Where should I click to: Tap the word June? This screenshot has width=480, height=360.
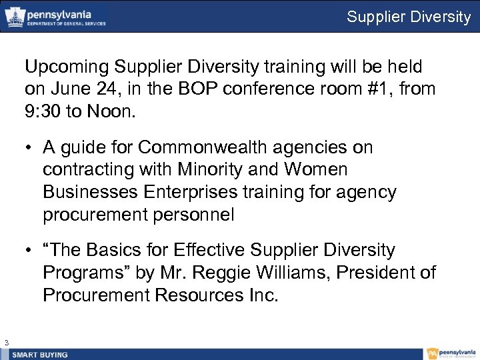click(68, 89)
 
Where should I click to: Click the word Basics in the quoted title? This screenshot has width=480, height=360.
click(133, 250)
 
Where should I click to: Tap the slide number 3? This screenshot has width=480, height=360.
click(6, 343)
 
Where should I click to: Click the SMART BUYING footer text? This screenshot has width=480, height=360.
click(40, 355)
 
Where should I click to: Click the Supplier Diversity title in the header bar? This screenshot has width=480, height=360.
click(409, 17)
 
